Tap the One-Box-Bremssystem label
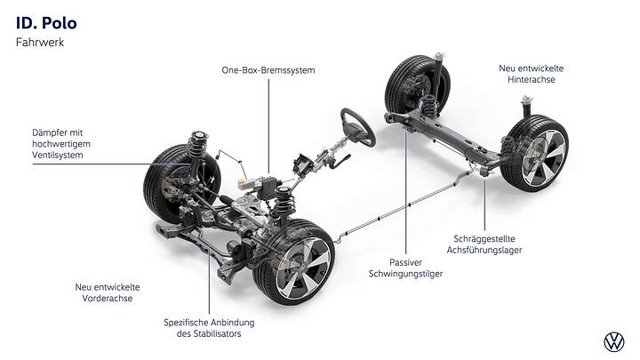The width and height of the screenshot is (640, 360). (269, 69)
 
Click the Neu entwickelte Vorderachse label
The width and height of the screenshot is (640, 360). (108, 292)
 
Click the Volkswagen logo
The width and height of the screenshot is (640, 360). (612, 340)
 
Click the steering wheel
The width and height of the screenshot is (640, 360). (358, 126)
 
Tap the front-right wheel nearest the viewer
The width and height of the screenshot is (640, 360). (293, 262)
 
